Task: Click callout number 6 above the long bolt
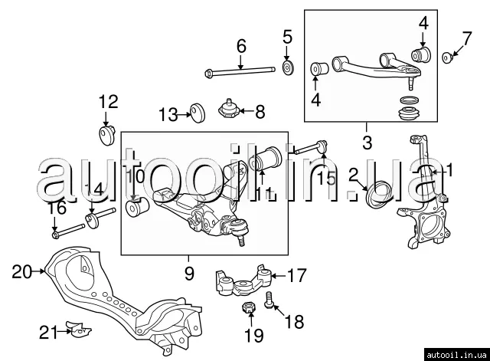[241, 46]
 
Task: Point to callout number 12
[109, 100]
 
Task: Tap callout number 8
[260, 112]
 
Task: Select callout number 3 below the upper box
[367, 142]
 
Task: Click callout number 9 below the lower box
[189, 273]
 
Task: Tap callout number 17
[296, 274]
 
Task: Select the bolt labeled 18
[269, 300]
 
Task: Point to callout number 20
[22, 270]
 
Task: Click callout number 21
[48, 332]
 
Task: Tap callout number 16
[56, 208]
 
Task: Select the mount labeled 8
[229, 110]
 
